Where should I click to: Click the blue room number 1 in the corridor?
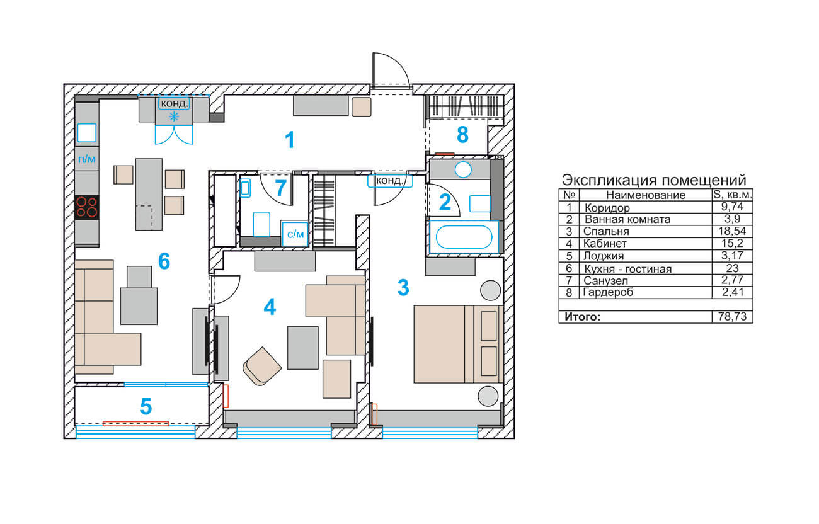[290, 140]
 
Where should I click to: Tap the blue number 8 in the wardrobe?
[462, 135]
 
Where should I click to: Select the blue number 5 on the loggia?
[146, 406]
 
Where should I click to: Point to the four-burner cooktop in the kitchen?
[87, 208]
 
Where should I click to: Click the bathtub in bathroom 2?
[464, 237]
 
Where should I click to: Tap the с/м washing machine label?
[295, 234]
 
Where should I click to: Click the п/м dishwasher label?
[87, 159]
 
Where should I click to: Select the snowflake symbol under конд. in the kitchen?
[174, 117]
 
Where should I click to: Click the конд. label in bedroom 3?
[390, 181]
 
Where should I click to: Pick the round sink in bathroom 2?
[463, 170]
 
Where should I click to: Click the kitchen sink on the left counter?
[87, 133]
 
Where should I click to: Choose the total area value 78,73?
[732, 316]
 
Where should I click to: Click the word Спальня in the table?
[606, 231]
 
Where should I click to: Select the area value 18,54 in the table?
[732, 231]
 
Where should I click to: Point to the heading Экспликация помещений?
[654, 180]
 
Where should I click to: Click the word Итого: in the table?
[583, 316]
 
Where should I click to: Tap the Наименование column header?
[646, 195]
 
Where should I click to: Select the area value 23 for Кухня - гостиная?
[732, 268]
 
